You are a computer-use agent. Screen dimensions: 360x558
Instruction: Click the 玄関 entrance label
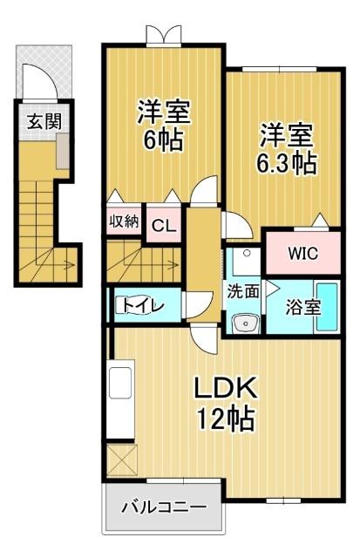(x=44, y=122)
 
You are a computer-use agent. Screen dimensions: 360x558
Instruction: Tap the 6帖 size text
(x=163, y=139)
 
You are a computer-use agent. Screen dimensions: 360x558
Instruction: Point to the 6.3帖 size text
(x=287, y=163)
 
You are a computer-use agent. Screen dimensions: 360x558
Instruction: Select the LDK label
(x=226, y=387)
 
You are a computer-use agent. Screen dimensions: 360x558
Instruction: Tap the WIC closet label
(x=303, y=254)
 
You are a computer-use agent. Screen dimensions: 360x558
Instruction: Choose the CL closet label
(x=164, y=226)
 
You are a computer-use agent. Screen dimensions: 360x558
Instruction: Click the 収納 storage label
(x=124, y=222)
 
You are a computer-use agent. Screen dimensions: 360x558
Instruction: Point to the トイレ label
(x=143, y=305)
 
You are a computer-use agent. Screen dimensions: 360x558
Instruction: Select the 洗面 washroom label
(x=243, y=292)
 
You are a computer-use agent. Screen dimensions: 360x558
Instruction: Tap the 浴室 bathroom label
(x=303, y=307)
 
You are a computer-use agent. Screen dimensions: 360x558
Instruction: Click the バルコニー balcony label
(x=164, y=507)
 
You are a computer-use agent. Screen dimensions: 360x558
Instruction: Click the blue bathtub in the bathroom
(x=327, y=306)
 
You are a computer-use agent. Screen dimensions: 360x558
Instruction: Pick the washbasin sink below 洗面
(x=245, y=323)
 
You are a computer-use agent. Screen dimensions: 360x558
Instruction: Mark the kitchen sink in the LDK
(x=120, y=383)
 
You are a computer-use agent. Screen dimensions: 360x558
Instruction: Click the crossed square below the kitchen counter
(x=122, y=459)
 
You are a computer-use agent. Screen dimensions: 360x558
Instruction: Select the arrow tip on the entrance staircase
(x=74, y=265)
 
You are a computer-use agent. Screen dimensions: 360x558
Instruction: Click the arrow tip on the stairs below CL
(x=178, y=264)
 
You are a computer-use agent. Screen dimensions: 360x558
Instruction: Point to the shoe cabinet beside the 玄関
(x=63, y=151)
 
